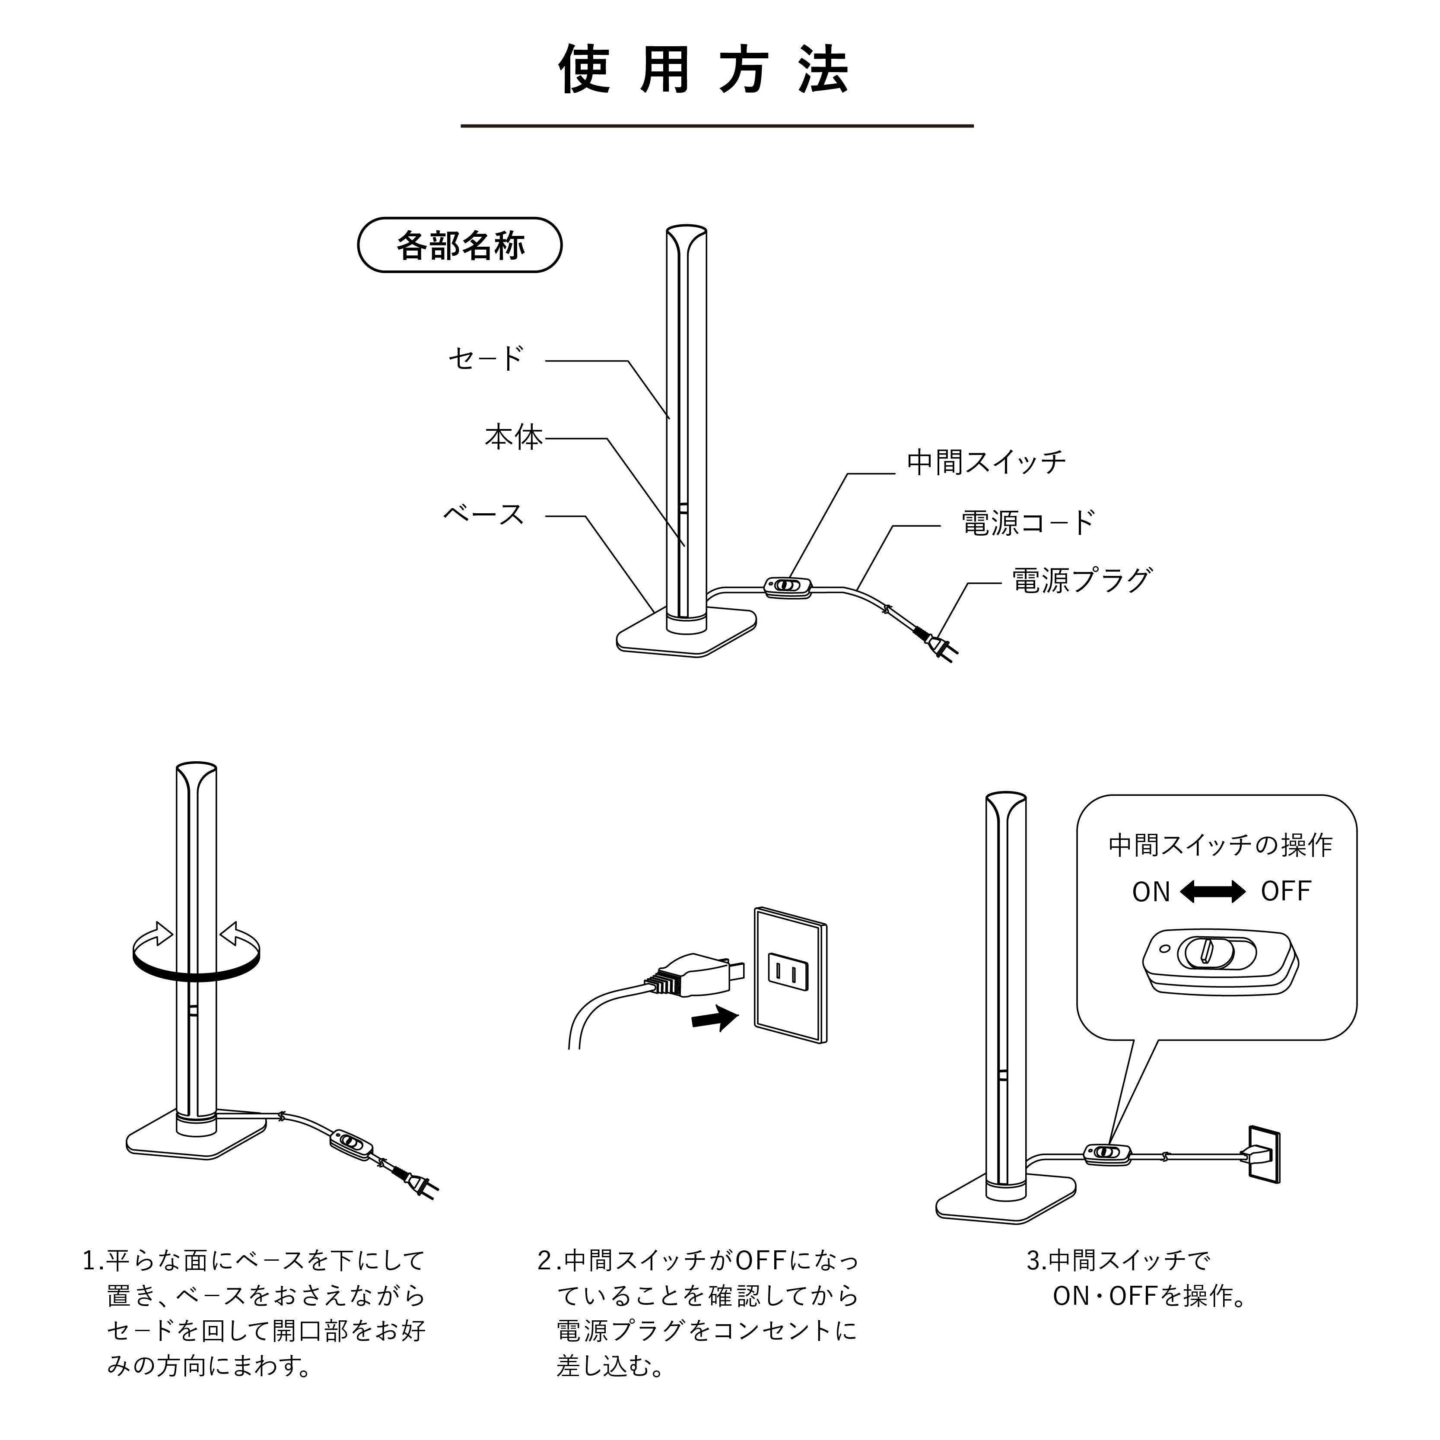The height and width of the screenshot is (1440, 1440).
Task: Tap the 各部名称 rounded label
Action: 460,245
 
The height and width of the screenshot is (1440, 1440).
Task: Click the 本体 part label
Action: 514,438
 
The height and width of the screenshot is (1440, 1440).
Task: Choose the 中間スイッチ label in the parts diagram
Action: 986,463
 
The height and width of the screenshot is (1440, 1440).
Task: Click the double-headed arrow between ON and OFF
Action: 1213,891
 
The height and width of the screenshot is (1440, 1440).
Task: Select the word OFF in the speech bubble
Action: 1286,891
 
